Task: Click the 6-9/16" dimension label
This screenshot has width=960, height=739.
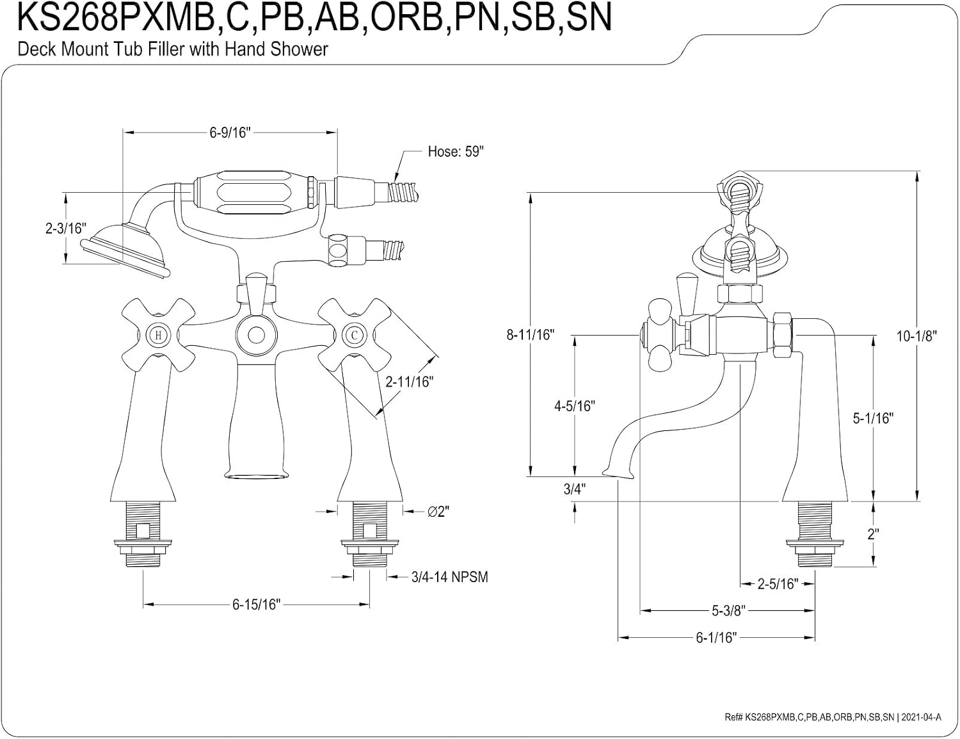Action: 230,132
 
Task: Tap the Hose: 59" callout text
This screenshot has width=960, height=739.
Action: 456,152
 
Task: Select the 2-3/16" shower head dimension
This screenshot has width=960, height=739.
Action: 66,228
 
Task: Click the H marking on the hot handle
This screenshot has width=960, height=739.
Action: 158,336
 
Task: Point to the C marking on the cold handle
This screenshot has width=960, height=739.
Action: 355,336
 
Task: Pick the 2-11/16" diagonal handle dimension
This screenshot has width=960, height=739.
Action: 409,382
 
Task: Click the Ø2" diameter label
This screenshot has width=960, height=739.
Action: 438,512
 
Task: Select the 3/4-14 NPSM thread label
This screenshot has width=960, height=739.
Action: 450,577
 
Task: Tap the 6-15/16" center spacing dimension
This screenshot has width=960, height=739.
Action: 256,604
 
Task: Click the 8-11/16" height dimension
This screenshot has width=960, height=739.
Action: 530,334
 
